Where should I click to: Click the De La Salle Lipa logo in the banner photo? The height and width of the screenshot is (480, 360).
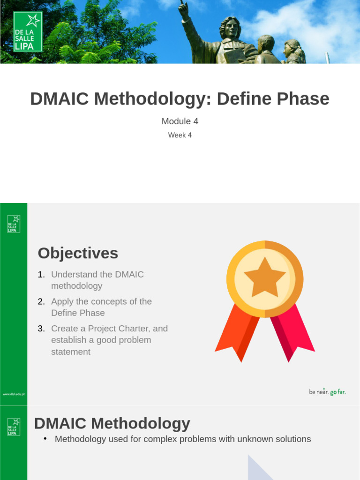tap(28, 31)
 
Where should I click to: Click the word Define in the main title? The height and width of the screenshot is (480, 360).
tap(245, 99)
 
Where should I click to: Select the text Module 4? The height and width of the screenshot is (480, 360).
tap(180, 121)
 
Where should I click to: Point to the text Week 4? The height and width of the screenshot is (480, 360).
tap(180, 135)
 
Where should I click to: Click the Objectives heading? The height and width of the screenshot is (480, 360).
tap(78, 253)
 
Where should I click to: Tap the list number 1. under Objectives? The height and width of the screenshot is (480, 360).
tap(41, 275)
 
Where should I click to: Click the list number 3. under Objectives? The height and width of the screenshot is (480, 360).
tap(41, 329)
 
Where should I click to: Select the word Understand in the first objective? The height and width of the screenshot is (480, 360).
tap(75, 275)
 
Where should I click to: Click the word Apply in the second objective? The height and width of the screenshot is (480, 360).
tap(62, 301)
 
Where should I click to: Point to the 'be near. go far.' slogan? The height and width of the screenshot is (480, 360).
tap(327, 392)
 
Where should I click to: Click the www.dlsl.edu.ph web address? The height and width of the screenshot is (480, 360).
tap(14, 394)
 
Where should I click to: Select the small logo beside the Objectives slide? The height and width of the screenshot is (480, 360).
tap(14, 224)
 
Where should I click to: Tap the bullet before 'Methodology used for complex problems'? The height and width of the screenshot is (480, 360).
tap(45, 439)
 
